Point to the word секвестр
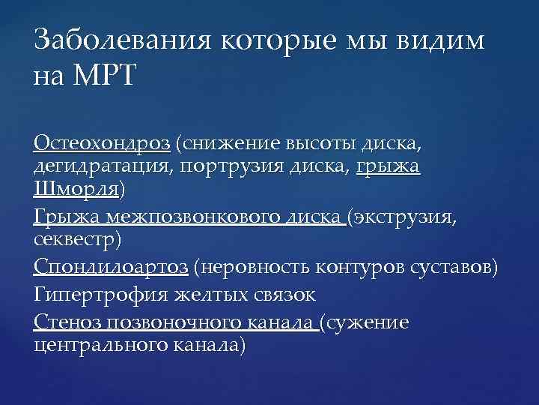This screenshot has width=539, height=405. click(x=81, y=241)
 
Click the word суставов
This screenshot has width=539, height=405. click(x=452, y=267)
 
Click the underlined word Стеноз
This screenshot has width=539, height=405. click(x=67, y=322)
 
